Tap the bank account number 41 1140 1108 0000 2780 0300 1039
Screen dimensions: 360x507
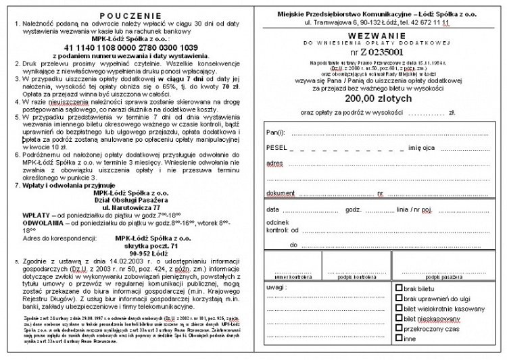tap(130, 47)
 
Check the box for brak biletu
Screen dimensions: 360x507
tap(400, 288)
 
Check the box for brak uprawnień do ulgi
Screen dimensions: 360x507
tap(400, 297)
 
